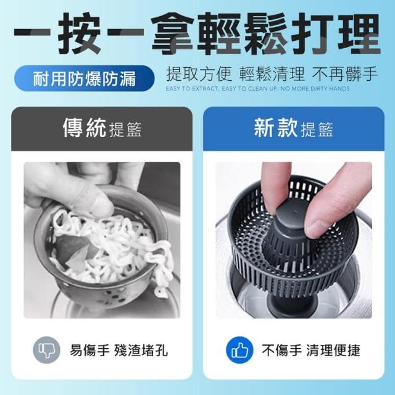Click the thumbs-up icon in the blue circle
coord(239,351)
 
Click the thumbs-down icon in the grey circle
coord(47,350)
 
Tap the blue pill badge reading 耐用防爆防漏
coord(85,78)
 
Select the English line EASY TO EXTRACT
coord(257,89)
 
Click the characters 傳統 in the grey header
coord(85,128)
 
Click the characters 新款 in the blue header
coord(276,128)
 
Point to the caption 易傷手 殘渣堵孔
coord(118,351)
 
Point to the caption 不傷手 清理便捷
coord(311,351)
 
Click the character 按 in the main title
coord(80,33)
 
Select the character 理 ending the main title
coord(359,33)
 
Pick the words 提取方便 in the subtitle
coord(199,74)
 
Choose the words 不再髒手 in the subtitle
coord(344,74)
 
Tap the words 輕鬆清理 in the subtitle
coord(272,74)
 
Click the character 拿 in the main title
coord(173,33)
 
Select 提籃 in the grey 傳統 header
coord(125,130)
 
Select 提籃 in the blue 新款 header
coord(317,130)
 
